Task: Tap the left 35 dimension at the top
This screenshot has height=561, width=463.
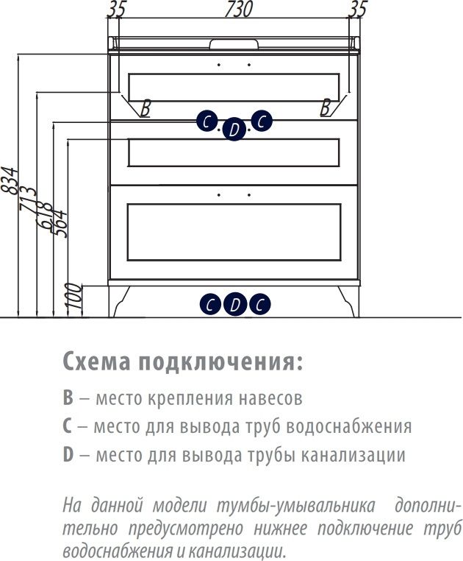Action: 117,10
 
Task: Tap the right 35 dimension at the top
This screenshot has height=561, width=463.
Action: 358,10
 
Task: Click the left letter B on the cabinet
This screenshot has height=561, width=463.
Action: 146,108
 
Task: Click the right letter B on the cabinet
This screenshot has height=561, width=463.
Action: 325,108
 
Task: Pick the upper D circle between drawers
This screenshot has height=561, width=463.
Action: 234,130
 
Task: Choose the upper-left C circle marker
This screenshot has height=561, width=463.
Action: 207,121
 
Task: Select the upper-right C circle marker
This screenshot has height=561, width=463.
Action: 262,121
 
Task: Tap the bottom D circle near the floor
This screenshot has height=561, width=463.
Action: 234,303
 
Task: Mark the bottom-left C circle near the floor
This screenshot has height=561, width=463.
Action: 210,303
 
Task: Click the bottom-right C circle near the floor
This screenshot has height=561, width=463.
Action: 259,303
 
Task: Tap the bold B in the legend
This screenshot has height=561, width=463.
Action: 68,399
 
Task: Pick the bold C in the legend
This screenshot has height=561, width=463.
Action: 67,427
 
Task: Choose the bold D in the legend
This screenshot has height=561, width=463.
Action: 68,455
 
